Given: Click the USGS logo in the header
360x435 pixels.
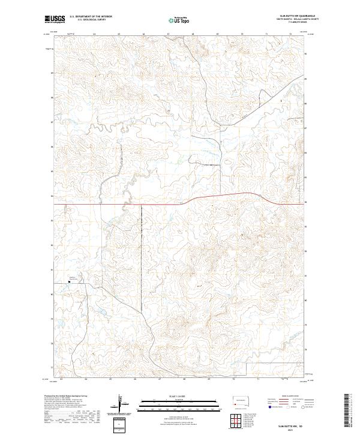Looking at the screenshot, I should pyautogui.click(x=55, y=19).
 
